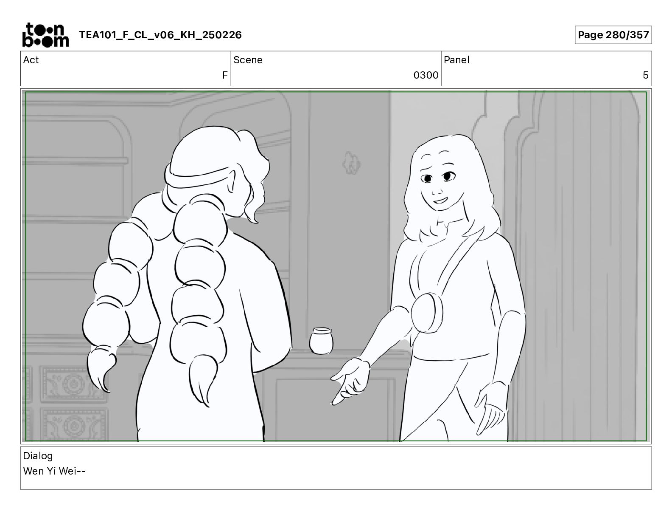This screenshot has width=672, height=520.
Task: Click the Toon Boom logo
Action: pyautogui.click(x=46, y=35)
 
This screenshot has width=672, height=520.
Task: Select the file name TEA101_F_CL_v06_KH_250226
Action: pyautogui.click(x=160, y=35)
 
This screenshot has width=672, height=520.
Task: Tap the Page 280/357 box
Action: pyautogui.click(x=613, y=35)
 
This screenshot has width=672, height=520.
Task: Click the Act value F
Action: pyautogui.click(x=225, y=75)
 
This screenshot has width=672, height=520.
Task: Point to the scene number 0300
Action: pyautogui.click(x=426, y=75)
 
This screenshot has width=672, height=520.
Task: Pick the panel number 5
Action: pyautogui.click(x=645, y=75)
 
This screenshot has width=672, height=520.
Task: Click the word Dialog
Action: pyautogui.click(x=38, y=456)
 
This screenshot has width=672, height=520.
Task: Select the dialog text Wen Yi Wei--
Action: pyautogui.click(x=54, y=471)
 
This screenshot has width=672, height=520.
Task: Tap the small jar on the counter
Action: pyautogui.click(x=321, y=341)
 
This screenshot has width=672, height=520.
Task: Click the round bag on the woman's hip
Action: pyautogui.click(x=427, y=313)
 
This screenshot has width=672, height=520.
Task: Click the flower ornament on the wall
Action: pyautogui.click(x=351, y=163)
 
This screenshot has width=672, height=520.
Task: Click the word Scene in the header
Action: pyautogui.click(x=248, y=60)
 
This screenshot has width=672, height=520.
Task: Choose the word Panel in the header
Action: pyautogui.click(x=456, y=60)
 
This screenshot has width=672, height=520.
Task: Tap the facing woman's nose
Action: pyautogui.click(x=437, y=189)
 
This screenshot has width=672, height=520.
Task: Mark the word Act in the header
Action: pyautogui.click(x=31, y=60)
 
